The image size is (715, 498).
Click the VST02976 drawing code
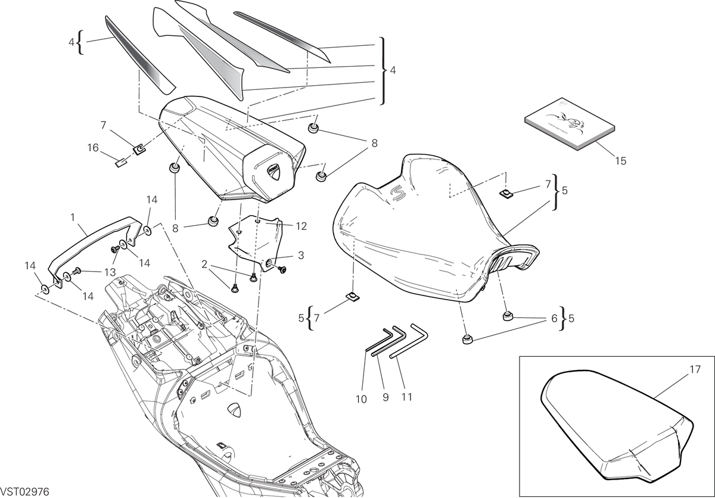click(x=24, y=491)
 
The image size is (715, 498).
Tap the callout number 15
click(x=620, y=161)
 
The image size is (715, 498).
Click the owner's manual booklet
click(x=570, y=124)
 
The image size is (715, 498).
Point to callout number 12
click(x=301, y=226)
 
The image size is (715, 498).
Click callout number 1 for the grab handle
click(x=73, y=217)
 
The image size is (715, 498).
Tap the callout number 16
click(x=93, y=148)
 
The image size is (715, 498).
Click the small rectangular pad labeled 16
click(x=120, y=163)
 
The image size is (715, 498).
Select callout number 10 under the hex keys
click(x=361, y=399)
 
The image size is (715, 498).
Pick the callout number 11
click(x=406, y=397)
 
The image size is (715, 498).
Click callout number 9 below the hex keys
click(x=386, y=397)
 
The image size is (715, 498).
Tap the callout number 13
click(x=110, y=272)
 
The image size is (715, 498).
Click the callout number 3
click(x=301, y=255)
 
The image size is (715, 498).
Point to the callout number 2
click(x=204, y=264)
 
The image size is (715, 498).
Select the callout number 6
click(x=554, y=318)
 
